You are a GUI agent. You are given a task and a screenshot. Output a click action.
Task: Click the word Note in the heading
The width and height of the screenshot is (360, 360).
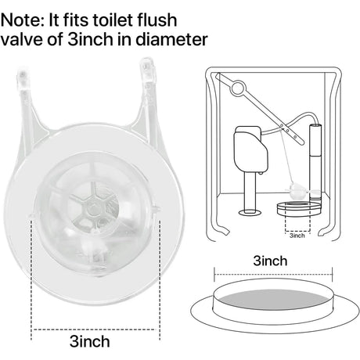pyautogui.click(x=23, y=20)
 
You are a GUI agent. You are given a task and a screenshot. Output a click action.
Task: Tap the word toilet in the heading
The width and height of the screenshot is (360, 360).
pyautogui.click(x=111, y=20)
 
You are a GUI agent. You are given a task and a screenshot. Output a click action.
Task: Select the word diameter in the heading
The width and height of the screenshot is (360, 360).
pyautogui.click(x=171, y=40)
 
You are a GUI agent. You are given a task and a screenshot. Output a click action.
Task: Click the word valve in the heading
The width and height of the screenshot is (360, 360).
pyautogui.click(x=22, y=40)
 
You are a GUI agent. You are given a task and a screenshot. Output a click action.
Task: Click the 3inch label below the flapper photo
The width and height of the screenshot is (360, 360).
pyautogui.click(x=89, y=341)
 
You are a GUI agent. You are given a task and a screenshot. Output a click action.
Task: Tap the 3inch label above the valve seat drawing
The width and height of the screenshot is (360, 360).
pyautogui.click(x=270, y=261)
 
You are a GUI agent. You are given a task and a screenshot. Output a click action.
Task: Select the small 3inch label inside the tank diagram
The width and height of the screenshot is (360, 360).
pyautogui.click(x=297, y=236)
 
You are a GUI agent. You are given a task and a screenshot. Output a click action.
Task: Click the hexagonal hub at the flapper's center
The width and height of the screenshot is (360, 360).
pyautogui.click(x=92, y=208)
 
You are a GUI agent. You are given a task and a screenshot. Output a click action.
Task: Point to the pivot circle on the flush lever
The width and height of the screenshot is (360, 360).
pyautogui.click(x=238, y=88)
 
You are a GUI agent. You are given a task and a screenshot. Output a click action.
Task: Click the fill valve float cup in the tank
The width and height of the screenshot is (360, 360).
pyautogui.click(x=251, y=149)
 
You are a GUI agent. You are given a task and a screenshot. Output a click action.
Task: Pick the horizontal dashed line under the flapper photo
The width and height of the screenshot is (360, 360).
pyautogui.click(x=95, y=329)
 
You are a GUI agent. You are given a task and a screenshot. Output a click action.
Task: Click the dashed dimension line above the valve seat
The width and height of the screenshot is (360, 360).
pyautogui.click(x=273, y=274)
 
